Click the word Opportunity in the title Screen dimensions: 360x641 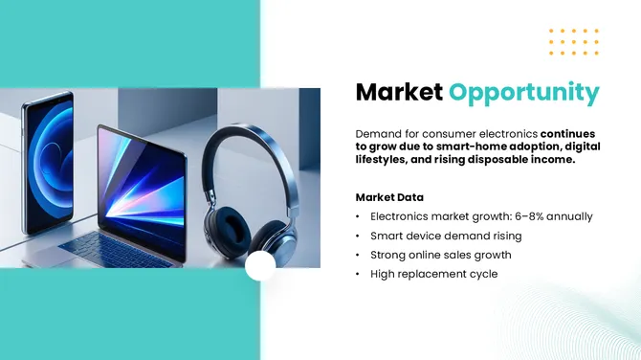(525, 93)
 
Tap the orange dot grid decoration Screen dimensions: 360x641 (574, 42)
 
